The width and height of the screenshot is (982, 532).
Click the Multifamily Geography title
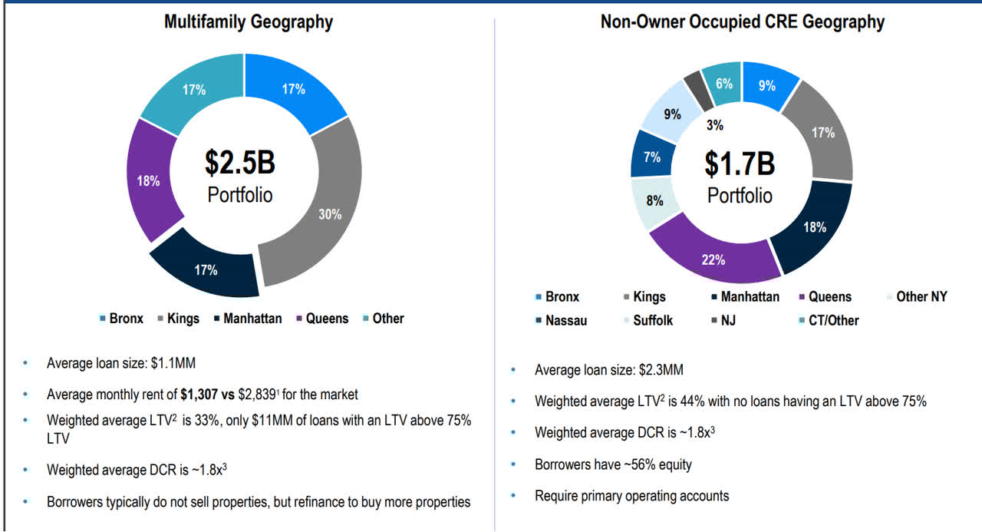pos(248,21)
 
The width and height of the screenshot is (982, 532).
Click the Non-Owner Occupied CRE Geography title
pos(742,21)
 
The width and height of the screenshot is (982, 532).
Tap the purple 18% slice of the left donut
pos(148,182)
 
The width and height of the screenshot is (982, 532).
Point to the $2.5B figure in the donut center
pos(239,163)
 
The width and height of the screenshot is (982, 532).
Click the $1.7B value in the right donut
pos(740,164)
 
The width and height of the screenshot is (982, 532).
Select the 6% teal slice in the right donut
pos(723,82)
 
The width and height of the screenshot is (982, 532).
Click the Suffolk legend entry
pos(652,320)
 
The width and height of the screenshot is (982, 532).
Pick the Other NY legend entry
pos(921,296)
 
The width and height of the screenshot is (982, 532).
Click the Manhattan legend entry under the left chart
pos(252,318)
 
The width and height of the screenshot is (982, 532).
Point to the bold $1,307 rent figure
pos(202,395)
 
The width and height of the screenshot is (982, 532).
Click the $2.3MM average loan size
pos(661,370)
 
